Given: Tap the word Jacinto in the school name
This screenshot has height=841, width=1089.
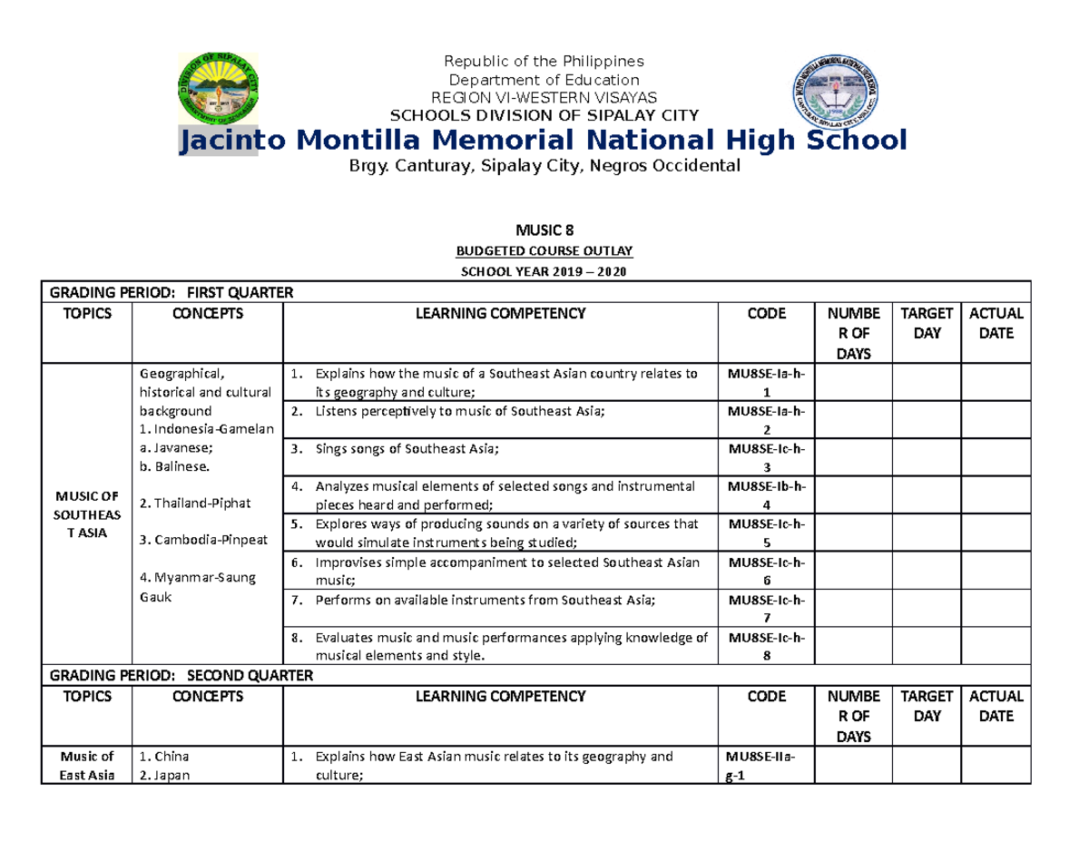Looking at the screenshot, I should (218, 141).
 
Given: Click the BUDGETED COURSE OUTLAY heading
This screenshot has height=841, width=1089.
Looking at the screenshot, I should (544, 251).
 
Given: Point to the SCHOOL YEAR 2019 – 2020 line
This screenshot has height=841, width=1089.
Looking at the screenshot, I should (544, 272).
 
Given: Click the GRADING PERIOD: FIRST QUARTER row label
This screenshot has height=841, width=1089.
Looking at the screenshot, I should (172, 292).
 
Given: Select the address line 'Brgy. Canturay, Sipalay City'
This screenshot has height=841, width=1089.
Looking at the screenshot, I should (544, 166).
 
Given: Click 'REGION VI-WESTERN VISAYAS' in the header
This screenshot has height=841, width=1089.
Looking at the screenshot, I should (544, 98).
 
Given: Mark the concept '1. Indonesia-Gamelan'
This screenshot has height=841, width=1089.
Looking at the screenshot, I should (206, 428).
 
